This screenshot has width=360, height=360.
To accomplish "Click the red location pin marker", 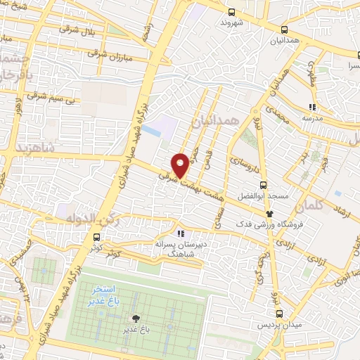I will click(x=181, y=165).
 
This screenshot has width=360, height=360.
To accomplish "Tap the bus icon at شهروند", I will click(x=232, y=11).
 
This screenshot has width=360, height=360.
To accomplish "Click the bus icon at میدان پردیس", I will click(x=280, y=314).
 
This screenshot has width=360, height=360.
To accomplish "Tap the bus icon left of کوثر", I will click(x=96, y=238).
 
